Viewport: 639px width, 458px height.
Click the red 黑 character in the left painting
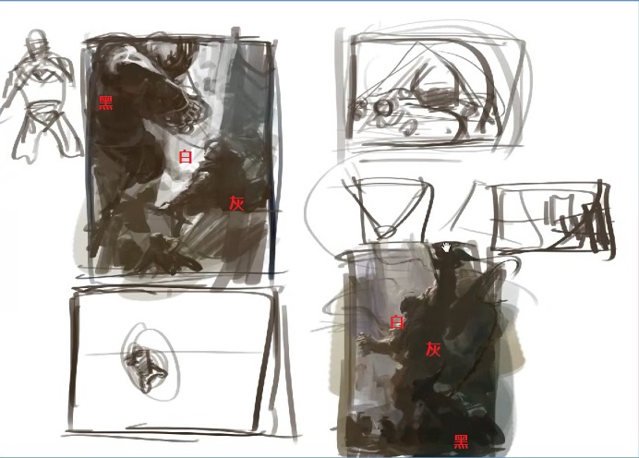106,102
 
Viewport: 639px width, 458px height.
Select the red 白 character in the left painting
186,156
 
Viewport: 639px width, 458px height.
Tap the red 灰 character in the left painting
236,203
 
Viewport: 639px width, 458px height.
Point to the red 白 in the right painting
397,321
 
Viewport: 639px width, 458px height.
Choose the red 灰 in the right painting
433,349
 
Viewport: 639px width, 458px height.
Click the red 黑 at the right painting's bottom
461,441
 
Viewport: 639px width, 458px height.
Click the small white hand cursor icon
446,247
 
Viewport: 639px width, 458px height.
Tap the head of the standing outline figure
38,40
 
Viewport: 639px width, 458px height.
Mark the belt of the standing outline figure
42,108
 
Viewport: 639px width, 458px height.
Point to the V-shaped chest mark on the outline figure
42,77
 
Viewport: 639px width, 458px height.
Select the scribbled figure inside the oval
146,368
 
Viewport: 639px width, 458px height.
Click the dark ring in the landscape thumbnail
383,108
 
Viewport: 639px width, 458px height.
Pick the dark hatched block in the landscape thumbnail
440,97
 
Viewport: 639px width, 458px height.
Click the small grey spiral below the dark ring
408,127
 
